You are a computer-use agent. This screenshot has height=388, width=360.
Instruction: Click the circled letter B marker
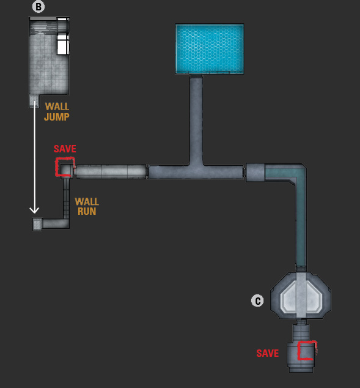(x=39, y=7)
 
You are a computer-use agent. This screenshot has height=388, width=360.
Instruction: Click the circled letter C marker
(x=257, y=300)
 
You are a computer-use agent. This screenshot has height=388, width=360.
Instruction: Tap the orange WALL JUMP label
(x=57, y=111)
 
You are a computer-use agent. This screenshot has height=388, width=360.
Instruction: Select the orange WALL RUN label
(x=87, y=206)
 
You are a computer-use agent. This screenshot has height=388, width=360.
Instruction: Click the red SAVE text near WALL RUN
(x=65, y=149)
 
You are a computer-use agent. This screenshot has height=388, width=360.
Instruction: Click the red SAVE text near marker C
(x=268, y=353)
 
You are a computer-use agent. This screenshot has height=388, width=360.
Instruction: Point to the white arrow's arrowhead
(x=34, y=211)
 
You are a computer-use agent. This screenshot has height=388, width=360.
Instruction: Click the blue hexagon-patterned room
(x=210, y=49)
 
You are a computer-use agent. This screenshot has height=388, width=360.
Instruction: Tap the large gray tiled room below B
(x=49, y=56)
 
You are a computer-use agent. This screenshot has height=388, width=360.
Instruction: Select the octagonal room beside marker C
(x=301, y=296)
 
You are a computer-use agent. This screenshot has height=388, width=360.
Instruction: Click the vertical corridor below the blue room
(x=196, y=119)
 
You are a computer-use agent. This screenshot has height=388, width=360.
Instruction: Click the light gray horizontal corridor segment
(x=111, y=171)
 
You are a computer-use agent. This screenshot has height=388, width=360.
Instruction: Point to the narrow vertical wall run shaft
(x=66, y=198)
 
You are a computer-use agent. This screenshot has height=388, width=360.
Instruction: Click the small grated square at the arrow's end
(x=37, y=225)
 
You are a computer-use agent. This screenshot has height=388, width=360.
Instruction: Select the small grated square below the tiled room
(x=34, y=101)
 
